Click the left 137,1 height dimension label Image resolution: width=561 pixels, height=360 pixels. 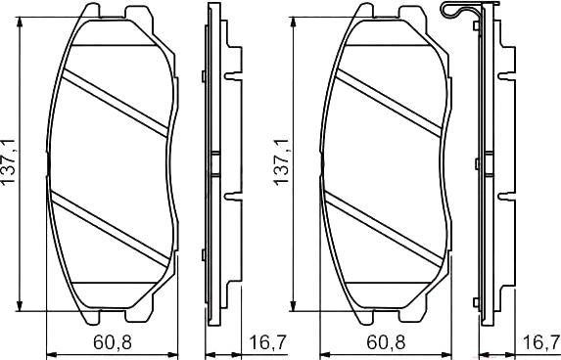[x=9, y=162]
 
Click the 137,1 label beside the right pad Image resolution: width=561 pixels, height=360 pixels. [x=282, y=162]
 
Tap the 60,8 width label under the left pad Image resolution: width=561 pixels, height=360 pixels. [x=113, y=342]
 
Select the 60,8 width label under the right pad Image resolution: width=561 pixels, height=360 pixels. [x=386, y=342]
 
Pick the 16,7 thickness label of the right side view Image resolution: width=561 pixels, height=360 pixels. [x=541, y=342]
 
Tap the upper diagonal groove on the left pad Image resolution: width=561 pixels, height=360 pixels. [x=116, y=103]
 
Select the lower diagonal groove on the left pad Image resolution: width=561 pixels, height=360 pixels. [x=110, y=229]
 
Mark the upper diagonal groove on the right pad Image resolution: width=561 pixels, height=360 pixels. [x=389, y=103]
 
